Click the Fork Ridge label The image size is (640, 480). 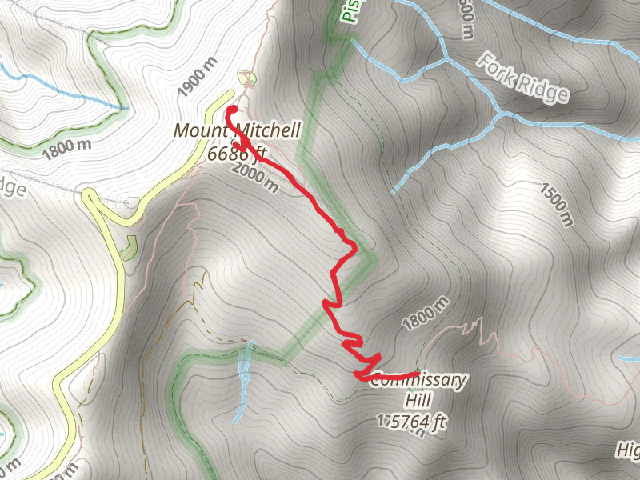pyautogui.click(x=524, y=78)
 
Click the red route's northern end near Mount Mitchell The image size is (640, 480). pyautogui.click(x=231, y=110)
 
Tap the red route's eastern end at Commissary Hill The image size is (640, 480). pyautogui.click(x=417, y=374)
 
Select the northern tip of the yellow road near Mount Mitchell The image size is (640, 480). pyautogui.click(x=225, y=96)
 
